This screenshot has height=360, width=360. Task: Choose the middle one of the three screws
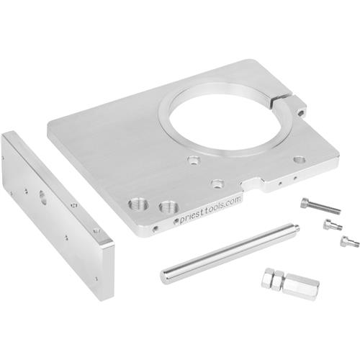(x=330, y=224)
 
